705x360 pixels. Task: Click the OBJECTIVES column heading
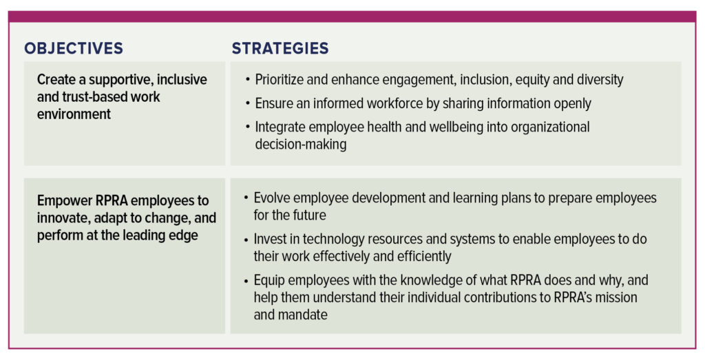coord(74,48)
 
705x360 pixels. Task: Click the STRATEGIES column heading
coord(280,48)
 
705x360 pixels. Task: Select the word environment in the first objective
coord(74,114)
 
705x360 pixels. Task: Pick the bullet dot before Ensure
coord(248,104)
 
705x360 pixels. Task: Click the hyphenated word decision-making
coord(301,145)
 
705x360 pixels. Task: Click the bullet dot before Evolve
coord(246,198)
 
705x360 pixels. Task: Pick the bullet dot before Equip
coord(246,281)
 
